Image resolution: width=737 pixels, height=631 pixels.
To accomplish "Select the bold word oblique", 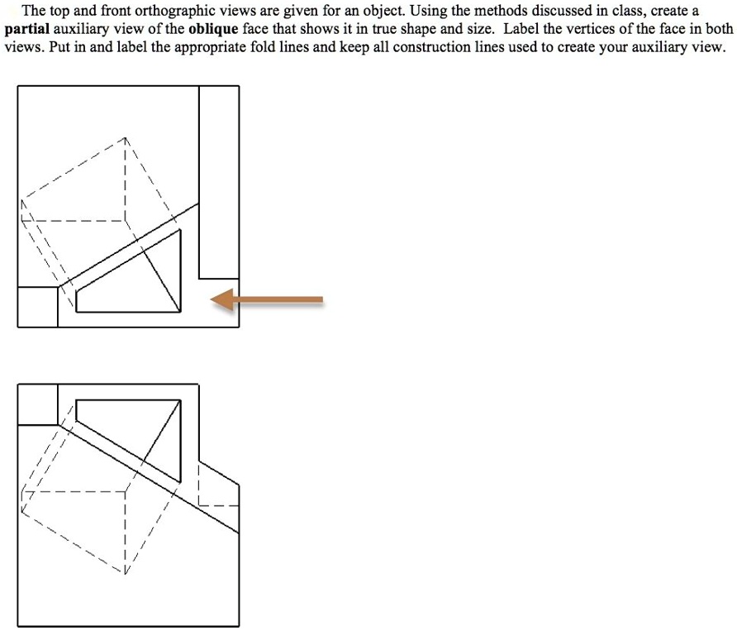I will pos(213,29).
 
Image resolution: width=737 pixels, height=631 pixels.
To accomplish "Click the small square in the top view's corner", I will pos(37,307).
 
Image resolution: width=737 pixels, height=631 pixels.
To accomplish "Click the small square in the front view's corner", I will pos(37,404).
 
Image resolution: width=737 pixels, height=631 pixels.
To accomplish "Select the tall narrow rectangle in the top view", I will pos(219,182).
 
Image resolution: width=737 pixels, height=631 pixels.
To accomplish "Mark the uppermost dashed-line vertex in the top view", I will pos(126,137).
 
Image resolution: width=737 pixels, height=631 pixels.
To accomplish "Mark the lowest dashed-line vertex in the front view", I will pos(126,571).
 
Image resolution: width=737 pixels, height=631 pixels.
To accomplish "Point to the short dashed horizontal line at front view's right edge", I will pos(219,505).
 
